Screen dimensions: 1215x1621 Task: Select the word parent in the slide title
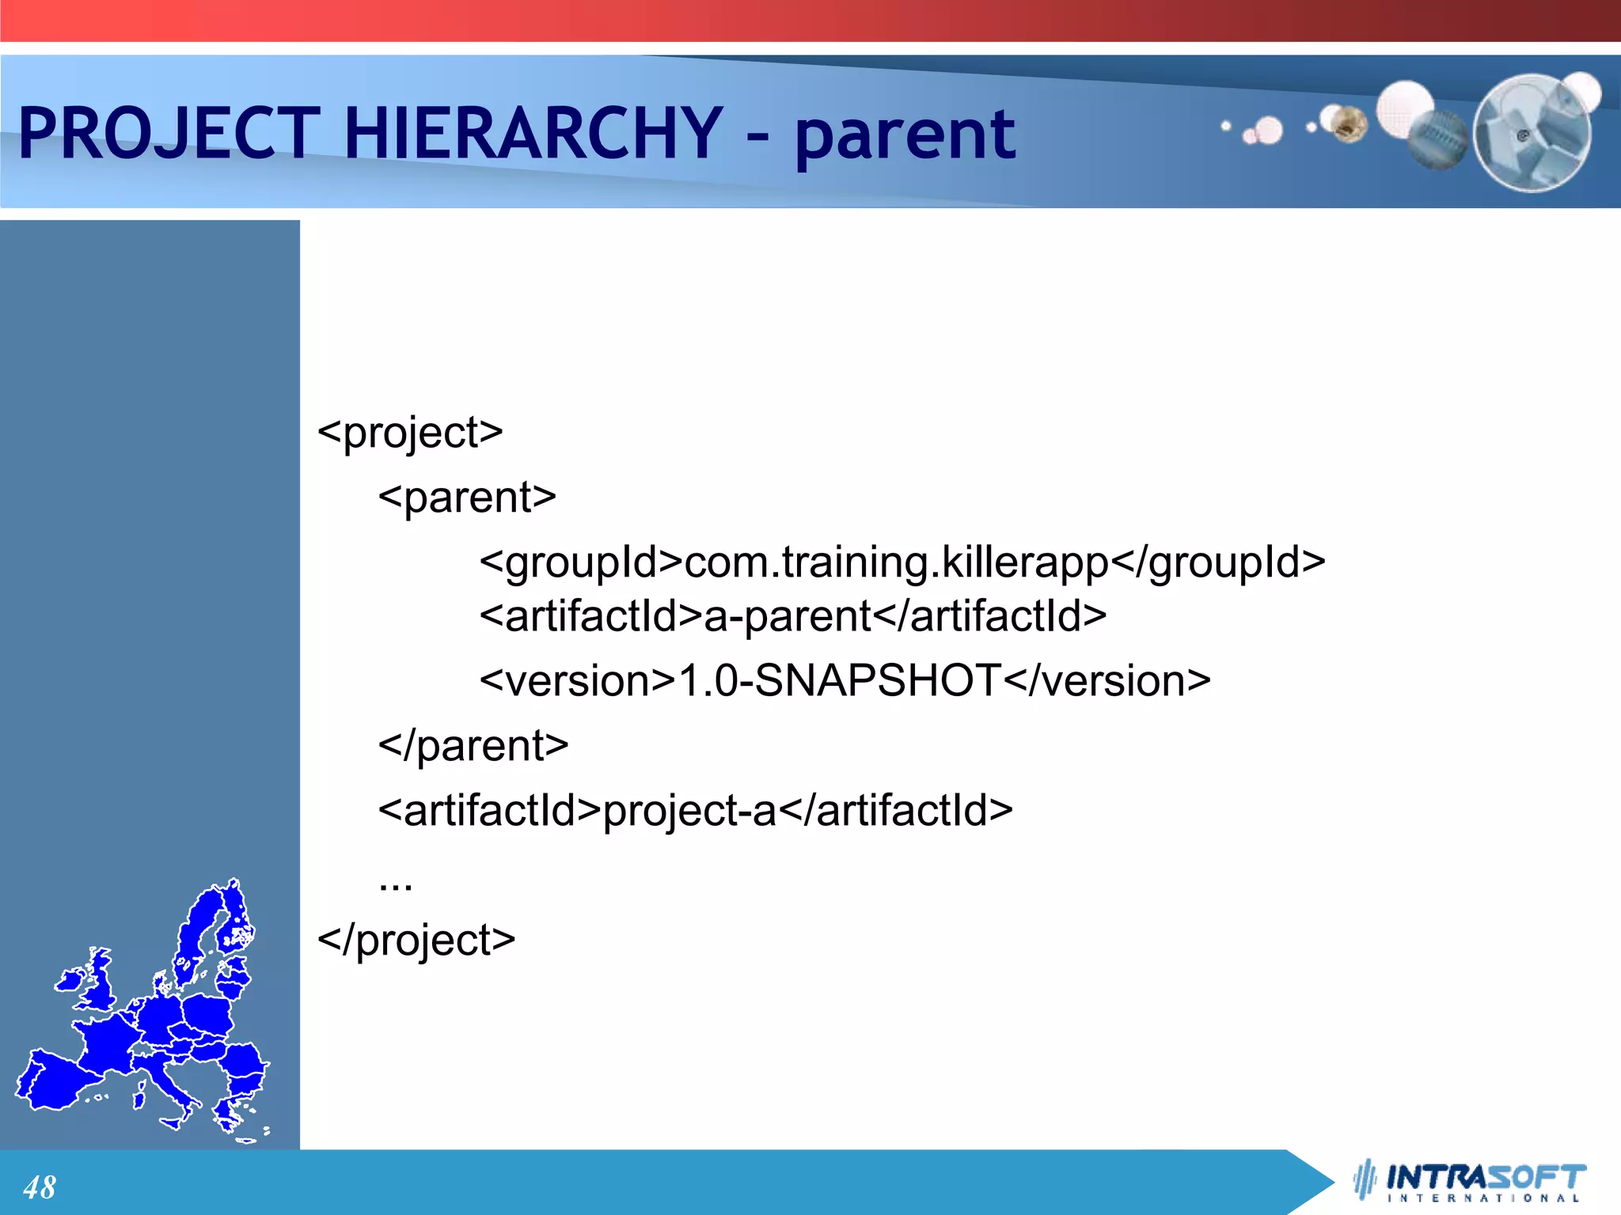(x=904, y=136)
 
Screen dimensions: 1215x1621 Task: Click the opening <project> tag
(x=410, y=433)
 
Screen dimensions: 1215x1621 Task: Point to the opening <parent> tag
(x=467, y=498)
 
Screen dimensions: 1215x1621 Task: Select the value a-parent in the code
(x=788, y=616)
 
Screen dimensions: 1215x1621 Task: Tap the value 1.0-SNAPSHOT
(x=840, y=681)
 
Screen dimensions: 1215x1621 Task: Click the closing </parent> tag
(x=473, y=746)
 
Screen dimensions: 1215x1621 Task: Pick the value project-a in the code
(x=689, y=811)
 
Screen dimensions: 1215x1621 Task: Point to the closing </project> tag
(x=416, y=941)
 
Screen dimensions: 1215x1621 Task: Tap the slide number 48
(x=40, y=1187)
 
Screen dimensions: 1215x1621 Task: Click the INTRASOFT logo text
(x=1486, y=1176)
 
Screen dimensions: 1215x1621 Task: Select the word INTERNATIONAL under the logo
(x=1483, y=1198)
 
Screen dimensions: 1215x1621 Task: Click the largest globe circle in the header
(x=1532, y=133)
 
